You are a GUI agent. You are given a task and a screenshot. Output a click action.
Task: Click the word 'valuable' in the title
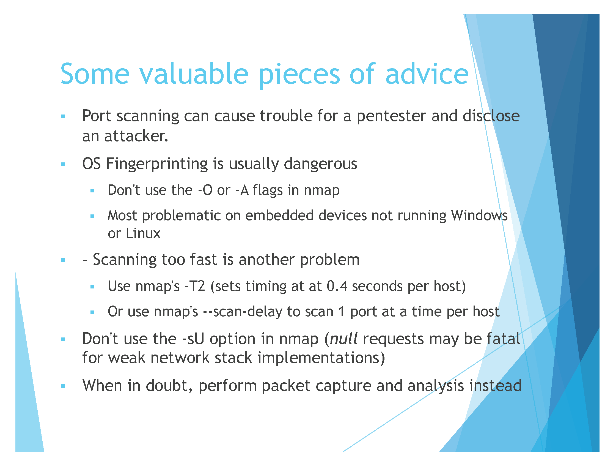click(x=194, y=74)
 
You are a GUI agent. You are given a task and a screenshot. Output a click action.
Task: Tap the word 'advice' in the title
click(x=427, y=74)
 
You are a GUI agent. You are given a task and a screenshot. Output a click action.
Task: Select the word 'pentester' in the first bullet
click(x=391, y=116)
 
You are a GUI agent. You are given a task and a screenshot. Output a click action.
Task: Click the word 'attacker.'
click(x=136, y=136)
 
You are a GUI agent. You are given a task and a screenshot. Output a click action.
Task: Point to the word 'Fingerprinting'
click(x=156, y=164)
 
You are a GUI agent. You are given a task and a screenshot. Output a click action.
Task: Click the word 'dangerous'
click(x=320, y=164)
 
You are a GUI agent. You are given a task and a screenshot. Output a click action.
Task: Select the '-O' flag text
click(x=205, y=190)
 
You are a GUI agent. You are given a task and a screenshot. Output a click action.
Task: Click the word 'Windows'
click(x=479, y=216)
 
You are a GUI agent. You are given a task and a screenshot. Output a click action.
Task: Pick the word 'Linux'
click(x=143, y=234)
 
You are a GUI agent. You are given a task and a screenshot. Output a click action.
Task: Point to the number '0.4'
click(x=337, y=287)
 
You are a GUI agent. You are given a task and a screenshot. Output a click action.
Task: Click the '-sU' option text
click(x=193, y=339)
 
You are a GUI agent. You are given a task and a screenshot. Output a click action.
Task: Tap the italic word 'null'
click(x=344, y=339)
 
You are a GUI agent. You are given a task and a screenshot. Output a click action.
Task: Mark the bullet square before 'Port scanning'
click(x=63, y=117)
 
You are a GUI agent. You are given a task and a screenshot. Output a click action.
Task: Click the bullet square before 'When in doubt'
click(x=63, y=386)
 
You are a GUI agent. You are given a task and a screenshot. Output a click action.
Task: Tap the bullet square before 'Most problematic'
click(x=92, y=216)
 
